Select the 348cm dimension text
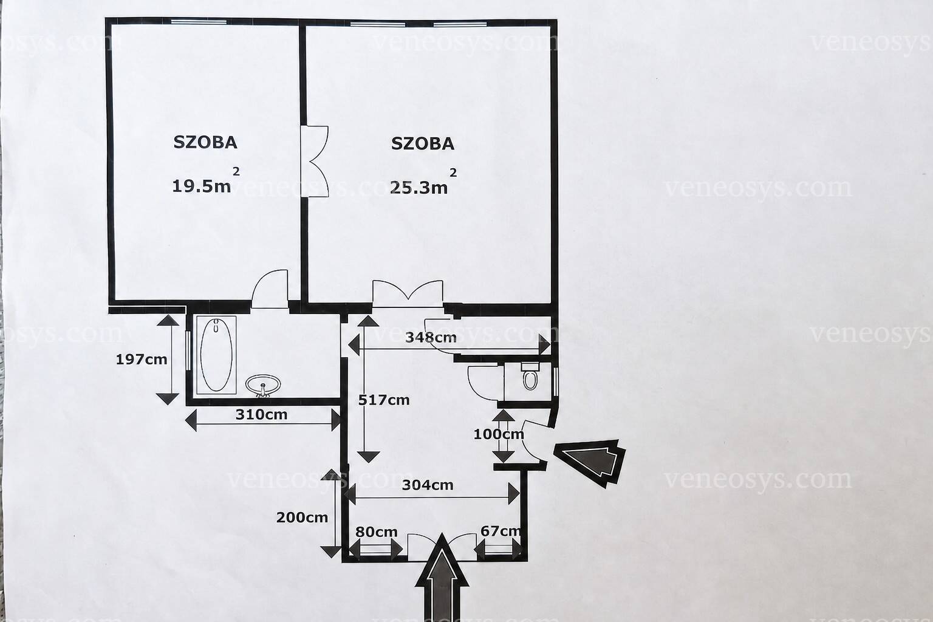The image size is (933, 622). pos(431,338)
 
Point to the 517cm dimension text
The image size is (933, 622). pos(384,400)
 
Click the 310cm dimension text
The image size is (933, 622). pos(261,414)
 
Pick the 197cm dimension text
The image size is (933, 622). pos(141,359)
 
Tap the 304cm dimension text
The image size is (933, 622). pos(428,485)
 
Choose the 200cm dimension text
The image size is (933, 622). pos(302,518)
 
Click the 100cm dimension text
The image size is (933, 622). pos(499,434)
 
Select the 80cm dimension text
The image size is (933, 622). pos(376,532)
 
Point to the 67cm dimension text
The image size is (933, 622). pos(501,531)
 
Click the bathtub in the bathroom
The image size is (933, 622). pos(216,355)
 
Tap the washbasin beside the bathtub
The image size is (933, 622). pos(263,386)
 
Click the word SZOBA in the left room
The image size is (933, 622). pos(205,143)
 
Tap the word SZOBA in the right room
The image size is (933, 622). pos(423,144)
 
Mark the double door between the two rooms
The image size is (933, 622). pos(315,161)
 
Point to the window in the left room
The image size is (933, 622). pos(199,22)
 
